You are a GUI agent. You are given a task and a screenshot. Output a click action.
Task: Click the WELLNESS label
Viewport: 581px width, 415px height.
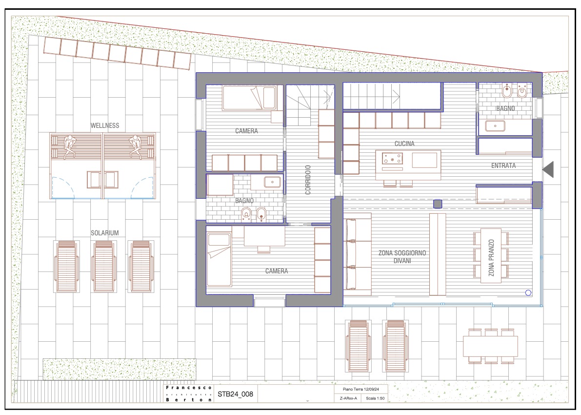(x=105, y=126)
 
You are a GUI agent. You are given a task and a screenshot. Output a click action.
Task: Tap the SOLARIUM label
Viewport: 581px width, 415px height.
(x=105, y=233)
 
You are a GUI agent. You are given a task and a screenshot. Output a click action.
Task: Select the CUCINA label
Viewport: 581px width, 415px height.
(x=404, y=144)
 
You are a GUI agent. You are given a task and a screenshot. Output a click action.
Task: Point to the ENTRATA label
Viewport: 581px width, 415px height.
(x=503, y=166)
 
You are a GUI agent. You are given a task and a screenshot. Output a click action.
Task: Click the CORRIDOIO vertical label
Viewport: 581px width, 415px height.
(x=308, y=180)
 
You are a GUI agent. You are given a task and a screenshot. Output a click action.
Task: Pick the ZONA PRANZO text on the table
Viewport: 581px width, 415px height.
(x=491, y=258)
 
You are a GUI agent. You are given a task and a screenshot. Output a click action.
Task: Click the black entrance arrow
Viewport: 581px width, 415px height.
(x=548, y=169)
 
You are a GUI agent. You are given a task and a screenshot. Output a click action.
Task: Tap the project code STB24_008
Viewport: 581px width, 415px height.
(x=235, y=394)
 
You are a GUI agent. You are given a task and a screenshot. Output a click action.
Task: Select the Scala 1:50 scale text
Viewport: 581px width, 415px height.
(x=375, y=398)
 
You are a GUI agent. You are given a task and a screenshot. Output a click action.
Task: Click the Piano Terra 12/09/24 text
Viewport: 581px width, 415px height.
(x=361, y=390)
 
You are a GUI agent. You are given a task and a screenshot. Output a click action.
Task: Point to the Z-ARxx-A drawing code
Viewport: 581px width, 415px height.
(x=348, y=398)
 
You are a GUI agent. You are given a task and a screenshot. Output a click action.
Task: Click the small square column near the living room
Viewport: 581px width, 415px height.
(x=438, y=204)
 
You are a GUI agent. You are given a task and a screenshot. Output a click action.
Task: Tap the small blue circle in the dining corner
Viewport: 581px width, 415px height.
(x=528, y=292)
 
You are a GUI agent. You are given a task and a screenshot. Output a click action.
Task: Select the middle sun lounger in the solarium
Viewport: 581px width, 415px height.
(x=104, y=266)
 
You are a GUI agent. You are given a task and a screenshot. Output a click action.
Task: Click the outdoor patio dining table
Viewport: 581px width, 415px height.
(x=490, y=346)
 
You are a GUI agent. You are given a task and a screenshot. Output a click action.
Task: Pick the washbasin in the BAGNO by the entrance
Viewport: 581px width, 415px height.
(x=495, y=126)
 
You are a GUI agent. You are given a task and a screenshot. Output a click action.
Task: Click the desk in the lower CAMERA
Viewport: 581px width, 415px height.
(x=264, y=236)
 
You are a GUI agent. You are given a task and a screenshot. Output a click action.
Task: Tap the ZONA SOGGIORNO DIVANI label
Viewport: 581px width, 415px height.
(x=402, y=257)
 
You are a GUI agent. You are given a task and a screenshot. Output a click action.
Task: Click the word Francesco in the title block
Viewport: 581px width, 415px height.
(x=189, y=388)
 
